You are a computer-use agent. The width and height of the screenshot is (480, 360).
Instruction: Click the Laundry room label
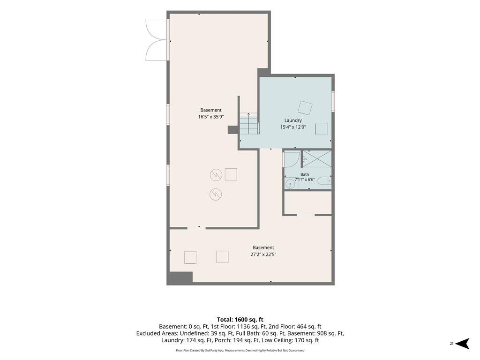(293, 120)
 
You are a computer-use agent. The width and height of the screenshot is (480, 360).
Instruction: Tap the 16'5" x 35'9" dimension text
(211, 117)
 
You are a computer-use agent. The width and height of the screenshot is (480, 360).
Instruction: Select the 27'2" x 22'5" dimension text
(263, 254)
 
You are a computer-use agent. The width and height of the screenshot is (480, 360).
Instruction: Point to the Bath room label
(305, 174)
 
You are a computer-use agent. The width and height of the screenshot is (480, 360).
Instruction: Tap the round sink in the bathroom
(290, 184)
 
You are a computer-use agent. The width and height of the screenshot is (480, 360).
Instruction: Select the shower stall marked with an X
(317, 158)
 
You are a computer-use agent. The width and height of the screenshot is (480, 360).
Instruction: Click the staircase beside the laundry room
(249, 124)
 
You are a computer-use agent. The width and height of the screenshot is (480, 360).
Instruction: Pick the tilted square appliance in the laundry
(305, 107)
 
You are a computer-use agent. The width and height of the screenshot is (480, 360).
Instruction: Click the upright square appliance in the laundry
(322, 128)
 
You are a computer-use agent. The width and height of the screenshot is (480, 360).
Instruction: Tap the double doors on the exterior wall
(157, 39)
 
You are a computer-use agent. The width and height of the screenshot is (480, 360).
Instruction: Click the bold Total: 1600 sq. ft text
(240, 320)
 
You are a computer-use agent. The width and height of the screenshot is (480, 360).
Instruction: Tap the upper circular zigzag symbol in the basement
(216, 175)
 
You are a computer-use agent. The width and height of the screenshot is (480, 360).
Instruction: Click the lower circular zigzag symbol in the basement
(216, 194)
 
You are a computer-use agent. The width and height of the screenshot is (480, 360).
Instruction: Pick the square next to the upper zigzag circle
(231, 174)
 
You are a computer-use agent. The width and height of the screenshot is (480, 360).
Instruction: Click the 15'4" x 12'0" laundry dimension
(293, 127)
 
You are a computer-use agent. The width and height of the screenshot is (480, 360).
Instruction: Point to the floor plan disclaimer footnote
(240, 350)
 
